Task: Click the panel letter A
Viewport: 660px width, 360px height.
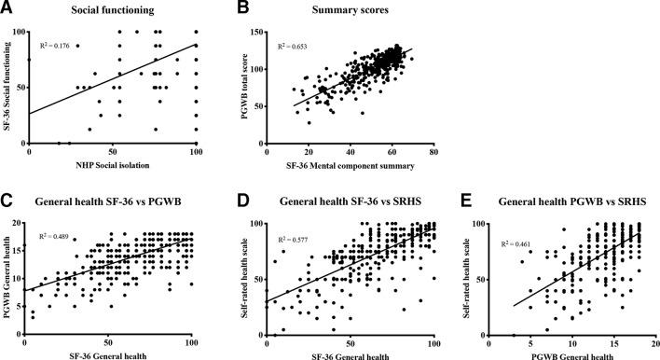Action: [x=7, y=8]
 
